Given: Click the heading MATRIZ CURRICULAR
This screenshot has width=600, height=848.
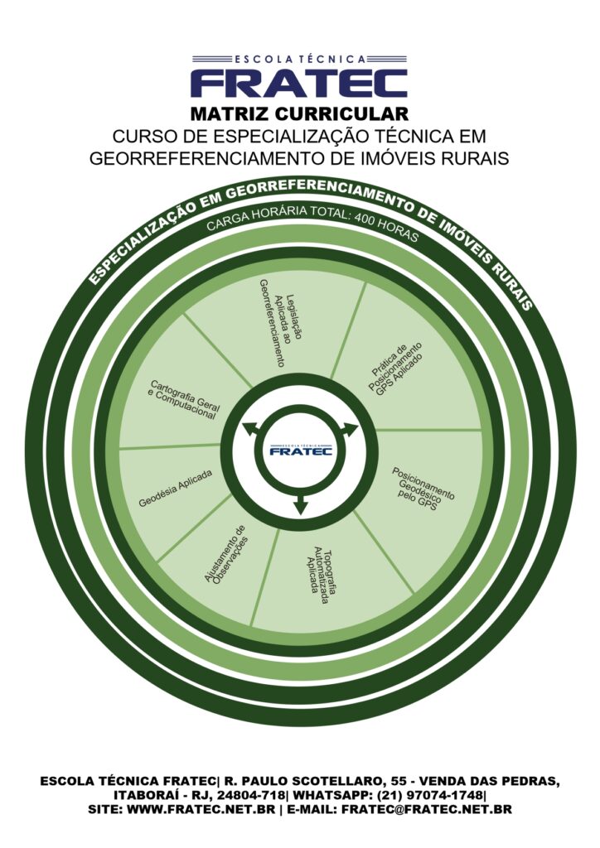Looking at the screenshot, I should tap(299, 113).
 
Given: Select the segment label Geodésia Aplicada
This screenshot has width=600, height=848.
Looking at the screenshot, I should tap(175, 489).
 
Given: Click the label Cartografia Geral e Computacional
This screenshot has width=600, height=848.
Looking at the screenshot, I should tap(183, 399).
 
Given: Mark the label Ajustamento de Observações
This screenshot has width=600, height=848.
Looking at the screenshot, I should tap(226, 554).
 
